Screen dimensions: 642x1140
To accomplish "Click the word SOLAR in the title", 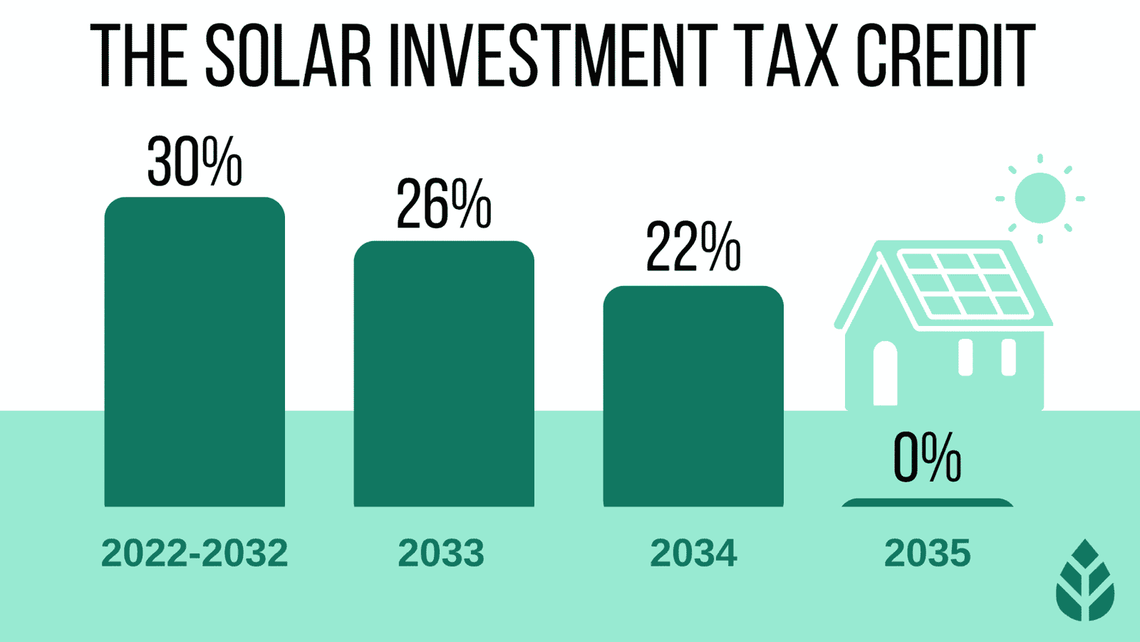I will (x=289, y=56).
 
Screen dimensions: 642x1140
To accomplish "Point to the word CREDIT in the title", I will (x=945, y=56).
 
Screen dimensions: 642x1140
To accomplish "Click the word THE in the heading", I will (x=139, y=56).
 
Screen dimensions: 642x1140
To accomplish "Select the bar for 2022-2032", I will (x=195, y=353).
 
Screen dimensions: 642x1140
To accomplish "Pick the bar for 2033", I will (x=444, y=374).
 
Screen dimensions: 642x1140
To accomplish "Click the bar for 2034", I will (x=693, y=397).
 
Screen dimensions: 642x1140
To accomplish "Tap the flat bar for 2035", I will (x=927, y=503).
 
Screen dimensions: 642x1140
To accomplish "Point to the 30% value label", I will (x=195, y=162).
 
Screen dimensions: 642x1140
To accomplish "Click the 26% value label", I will (x=444, y=205).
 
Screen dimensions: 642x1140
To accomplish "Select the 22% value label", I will (x=693, y=248).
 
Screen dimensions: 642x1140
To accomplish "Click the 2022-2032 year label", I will (x=195, y=553).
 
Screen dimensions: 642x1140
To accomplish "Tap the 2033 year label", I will (x=441, y=553).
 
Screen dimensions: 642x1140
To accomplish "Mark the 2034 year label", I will (x=693, y=553).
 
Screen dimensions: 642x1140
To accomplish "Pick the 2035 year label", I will (x=927, y=553).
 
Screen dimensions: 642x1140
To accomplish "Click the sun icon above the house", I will (x=1040, y=198).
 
